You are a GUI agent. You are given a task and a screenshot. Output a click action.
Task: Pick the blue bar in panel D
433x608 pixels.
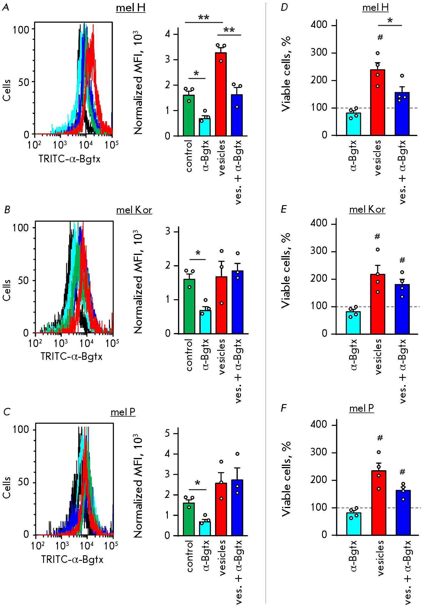402,114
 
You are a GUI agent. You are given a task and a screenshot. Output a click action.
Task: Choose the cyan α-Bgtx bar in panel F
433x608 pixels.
354,524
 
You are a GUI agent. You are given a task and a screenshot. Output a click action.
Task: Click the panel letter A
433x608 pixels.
6,7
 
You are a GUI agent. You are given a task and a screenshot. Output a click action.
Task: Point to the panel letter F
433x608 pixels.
284,408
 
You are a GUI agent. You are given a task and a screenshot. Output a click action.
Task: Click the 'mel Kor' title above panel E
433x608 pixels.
367,209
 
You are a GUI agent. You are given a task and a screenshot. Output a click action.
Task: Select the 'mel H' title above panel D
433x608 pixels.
375,8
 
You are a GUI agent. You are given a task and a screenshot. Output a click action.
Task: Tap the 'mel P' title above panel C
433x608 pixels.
123,412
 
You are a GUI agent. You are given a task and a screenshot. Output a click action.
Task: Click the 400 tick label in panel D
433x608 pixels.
319,24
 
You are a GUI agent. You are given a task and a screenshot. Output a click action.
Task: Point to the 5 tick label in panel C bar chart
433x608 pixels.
167,433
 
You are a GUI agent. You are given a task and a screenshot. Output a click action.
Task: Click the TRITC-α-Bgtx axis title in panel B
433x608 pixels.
71,356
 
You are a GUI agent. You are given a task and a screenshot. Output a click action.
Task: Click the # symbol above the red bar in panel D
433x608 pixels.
380,37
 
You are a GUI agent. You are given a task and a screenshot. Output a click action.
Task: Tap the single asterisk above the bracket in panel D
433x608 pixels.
390,20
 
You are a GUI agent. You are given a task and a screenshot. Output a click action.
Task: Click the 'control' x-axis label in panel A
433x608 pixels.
189,156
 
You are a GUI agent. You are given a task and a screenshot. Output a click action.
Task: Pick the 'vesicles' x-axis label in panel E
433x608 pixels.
378,357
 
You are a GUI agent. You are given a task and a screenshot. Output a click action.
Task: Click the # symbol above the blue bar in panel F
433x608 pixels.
402,472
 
